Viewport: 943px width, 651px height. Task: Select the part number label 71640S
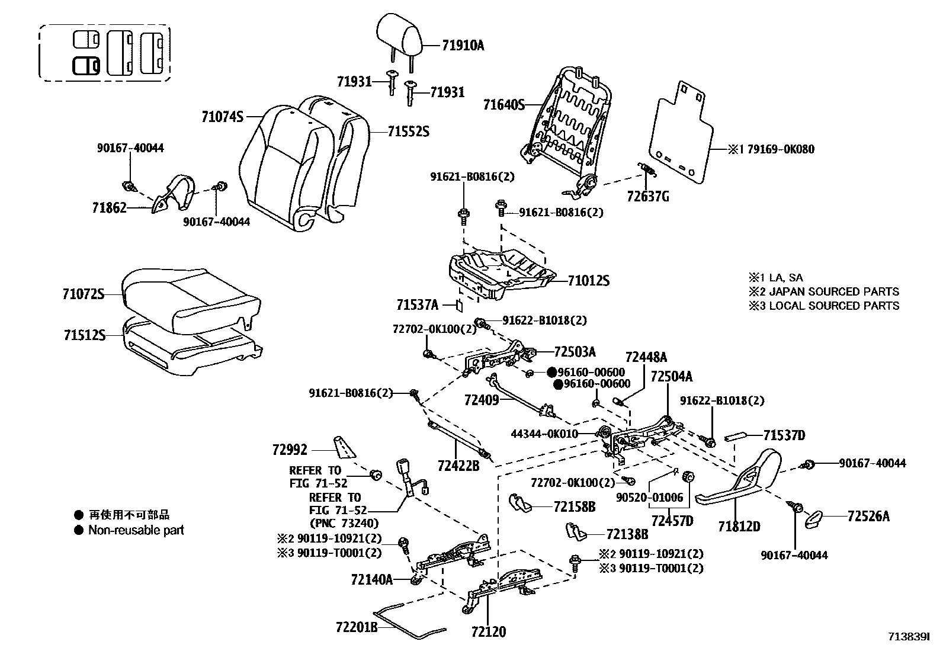pos(504,105)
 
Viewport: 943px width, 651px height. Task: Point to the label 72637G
pos(648,197)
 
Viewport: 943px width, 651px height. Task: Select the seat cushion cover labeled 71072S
pos(190,299)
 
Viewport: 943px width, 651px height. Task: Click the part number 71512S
pos(84,335)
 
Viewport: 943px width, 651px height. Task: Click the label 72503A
pos(575,352)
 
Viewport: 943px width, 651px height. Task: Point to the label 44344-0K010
pos(544,434)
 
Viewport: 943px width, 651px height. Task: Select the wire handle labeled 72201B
pos(409,622)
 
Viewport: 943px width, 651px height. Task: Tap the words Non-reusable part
pos(136,530)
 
